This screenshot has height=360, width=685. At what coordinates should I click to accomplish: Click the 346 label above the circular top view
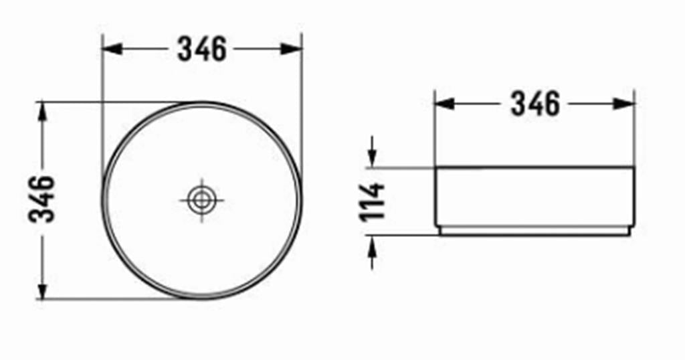pos(202,49)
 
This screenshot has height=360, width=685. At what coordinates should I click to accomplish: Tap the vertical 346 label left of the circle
pos(42,199)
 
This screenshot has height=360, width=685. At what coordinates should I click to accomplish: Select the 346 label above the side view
pos(535,104)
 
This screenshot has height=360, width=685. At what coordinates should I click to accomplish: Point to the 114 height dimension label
pos(372,201)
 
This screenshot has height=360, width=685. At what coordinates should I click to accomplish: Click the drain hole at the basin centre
pos(201,201)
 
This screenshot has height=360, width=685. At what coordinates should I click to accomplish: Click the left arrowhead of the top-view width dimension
pos(112,49)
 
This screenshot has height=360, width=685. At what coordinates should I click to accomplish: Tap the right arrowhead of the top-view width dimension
pos(292,49)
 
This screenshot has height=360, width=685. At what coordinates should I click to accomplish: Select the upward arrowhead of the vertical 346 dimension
pos(42,112)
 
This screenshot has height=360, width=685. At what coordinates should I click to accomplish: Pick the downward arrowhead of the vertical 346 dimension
pos(42,289)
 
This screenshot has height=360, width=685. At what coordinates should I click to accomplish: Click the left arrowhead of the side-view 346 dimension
pos(445,104)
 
